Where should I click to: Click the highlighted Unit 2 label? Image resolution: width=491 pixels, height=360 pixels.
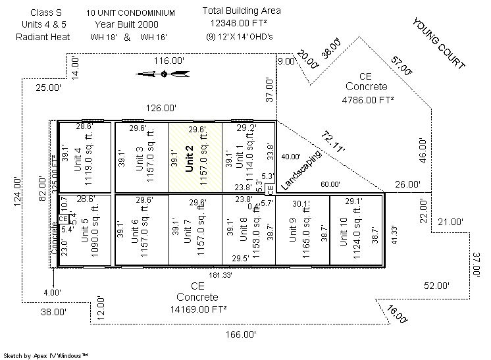click(190, 159)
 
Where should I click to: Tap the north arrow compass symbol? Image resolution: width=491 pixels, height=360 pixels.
click(163, 74)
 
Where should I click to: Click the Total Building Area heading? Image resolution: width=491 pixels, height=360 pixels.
click(242, 11)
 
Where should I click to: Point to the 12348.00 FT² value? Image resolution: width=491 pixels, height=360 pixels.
click(242, 23)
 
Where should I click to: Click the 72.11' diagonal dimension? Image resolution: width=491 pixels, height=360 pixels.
click(334, 142)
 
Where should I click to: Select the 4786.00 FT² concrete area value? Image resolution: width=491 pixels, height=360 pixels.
click(367, 99)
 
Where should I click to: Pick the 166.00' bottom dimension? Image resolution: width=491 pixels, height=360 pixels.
click(241, 334)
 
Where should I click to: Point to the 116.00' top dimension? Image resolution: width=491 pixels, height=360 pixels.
click(169, 61)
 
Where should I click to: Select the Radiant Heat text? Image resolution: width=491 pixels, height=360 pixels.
click(43, 36)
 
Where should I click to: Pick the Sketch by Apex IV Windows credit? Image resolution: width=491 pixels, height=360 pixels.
click(45, 355)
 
